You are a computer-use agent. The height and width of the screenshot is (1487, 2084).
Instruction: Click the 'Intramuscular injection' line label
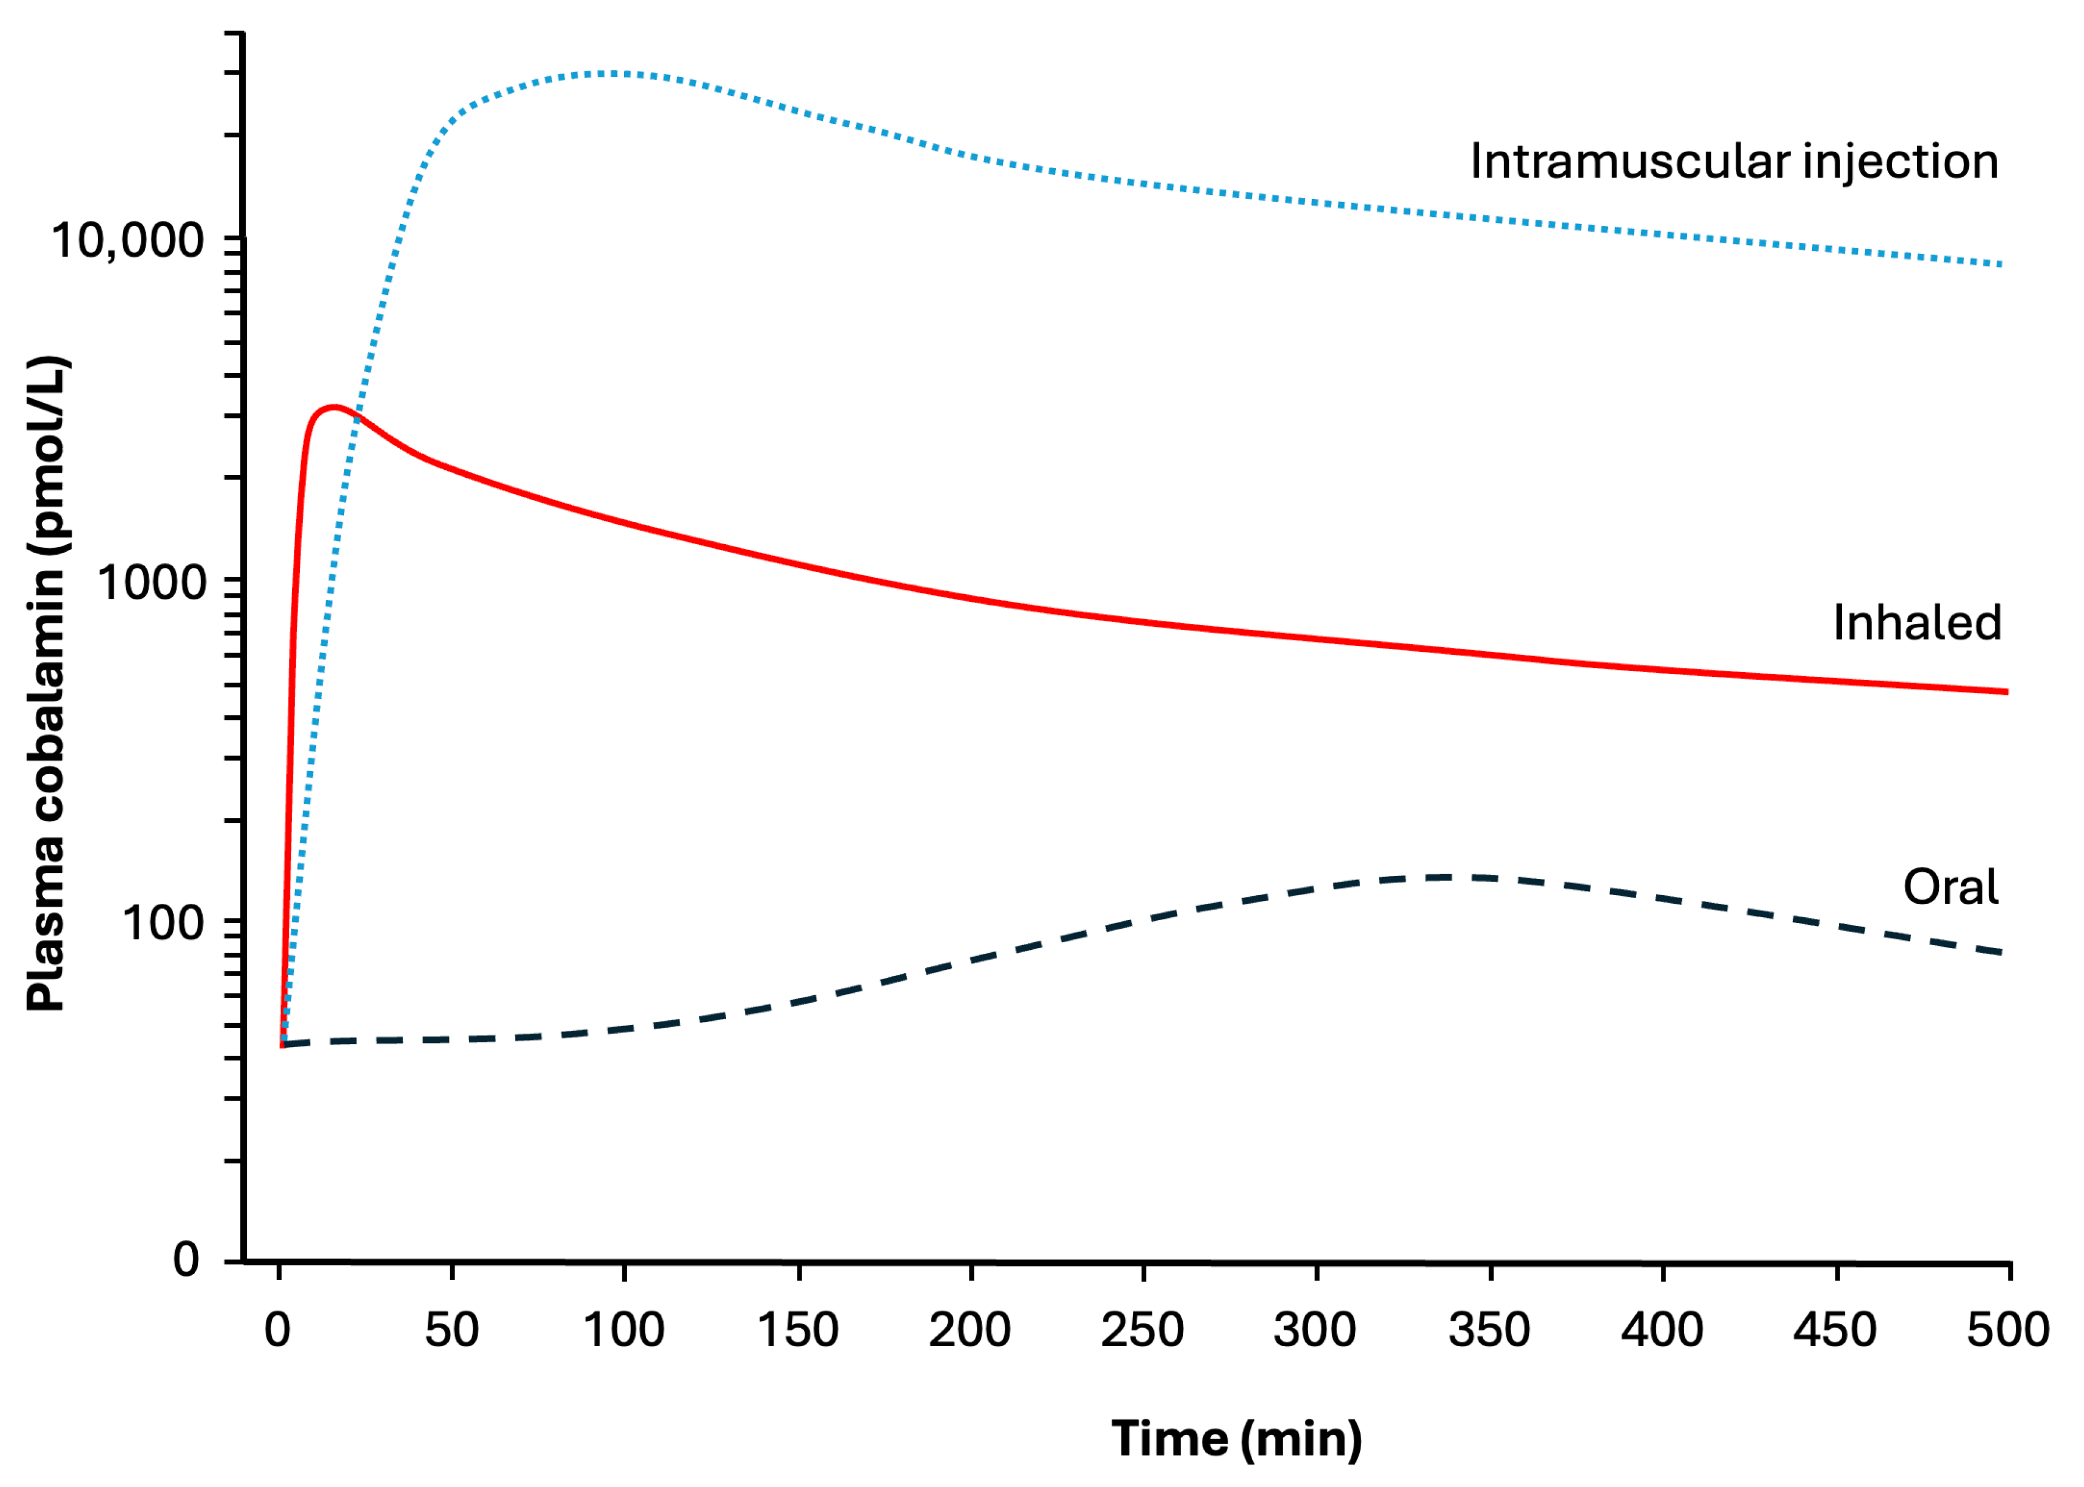coord(1734,162)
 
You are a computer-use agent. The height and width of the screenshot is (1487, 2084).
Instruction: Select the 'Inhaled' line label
coord(1916,623)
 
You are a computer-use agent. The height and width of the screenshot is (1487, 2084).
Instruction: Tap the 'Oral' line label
coord(1950,888)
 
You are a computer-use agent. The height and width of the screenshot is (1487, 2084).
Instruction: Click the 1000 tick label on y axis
coord(152,583)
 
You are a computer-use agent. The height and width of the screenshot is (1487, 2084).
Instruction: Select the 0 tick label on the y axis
coord(186,1260)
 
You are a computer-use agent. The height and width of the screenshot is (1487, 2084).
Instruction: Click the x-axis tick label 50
coord(451,1329)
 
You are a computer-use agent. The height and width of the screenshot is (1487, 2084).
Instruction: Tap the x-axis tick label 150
coord(798,1329)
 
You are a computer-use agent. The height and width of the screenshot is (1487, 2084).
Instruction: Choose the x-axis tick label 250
coord(1143,1329)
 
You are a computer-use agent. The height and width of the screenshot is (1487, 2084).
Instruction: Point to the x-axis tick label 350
coord(1489,1329)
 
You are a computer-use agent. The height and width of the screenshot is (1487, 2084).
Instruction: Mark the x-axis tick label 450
coord(1835,1329)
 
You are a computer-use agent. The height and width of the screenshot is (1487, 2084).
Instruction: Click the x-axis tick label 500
coord(2008,1329)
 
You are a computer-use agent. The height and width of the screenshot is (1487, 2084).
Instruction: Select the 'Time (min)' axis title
coord(1236,1439)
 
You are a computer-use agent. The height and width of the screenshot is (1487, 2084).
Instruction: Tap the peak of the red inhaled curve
coord(334,407)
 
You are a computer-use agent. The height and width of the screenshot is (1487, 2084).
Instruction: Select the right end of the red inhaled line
coord(2006,691)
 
